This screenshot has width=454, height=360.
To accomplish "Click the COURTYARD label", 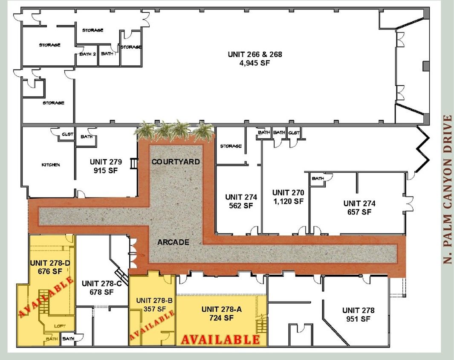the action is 176,162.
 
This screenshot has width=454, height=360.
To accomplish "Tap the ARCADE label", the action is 173,242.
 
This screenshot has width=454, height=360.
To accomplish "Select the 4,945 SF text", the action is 255,63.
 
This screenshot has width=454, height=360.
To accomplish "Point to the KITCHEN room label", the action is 51,165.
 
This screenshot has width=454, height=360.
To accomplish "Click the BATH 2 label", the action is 88,54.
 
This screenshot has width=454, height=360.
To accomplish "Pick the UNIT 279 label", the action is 106,162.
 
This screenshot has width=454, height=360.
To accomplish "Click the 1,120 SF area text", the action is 288,201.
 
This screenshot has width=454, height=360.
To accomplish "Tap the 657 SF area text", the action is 359,212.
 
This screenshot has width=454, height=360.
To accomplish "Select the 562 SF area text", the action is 241,206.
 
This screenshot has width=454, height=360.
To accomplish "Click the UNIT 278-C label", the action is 101,284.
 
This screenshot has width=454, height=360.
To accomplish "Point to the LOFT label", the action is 60,326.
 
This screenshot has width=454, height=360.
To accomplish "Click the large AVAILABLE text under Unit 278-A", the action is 220,340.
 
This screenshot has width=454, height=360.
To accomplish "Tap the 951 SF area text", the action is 358,319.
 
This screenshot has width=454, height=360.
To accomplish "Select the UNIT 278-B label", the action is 154,301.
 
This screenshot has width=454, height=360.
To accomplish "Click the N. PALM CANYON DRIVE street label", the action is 447,189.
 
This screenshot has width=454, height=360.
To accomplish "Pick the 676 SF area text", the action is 50,272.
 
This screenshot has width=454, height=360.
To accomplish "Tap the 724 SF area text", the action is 222,318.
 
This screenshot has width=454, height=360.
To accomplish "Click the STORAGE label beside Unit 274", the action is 231,146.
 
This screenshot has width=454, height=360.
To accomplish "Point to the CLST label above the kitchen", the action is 68,134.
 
